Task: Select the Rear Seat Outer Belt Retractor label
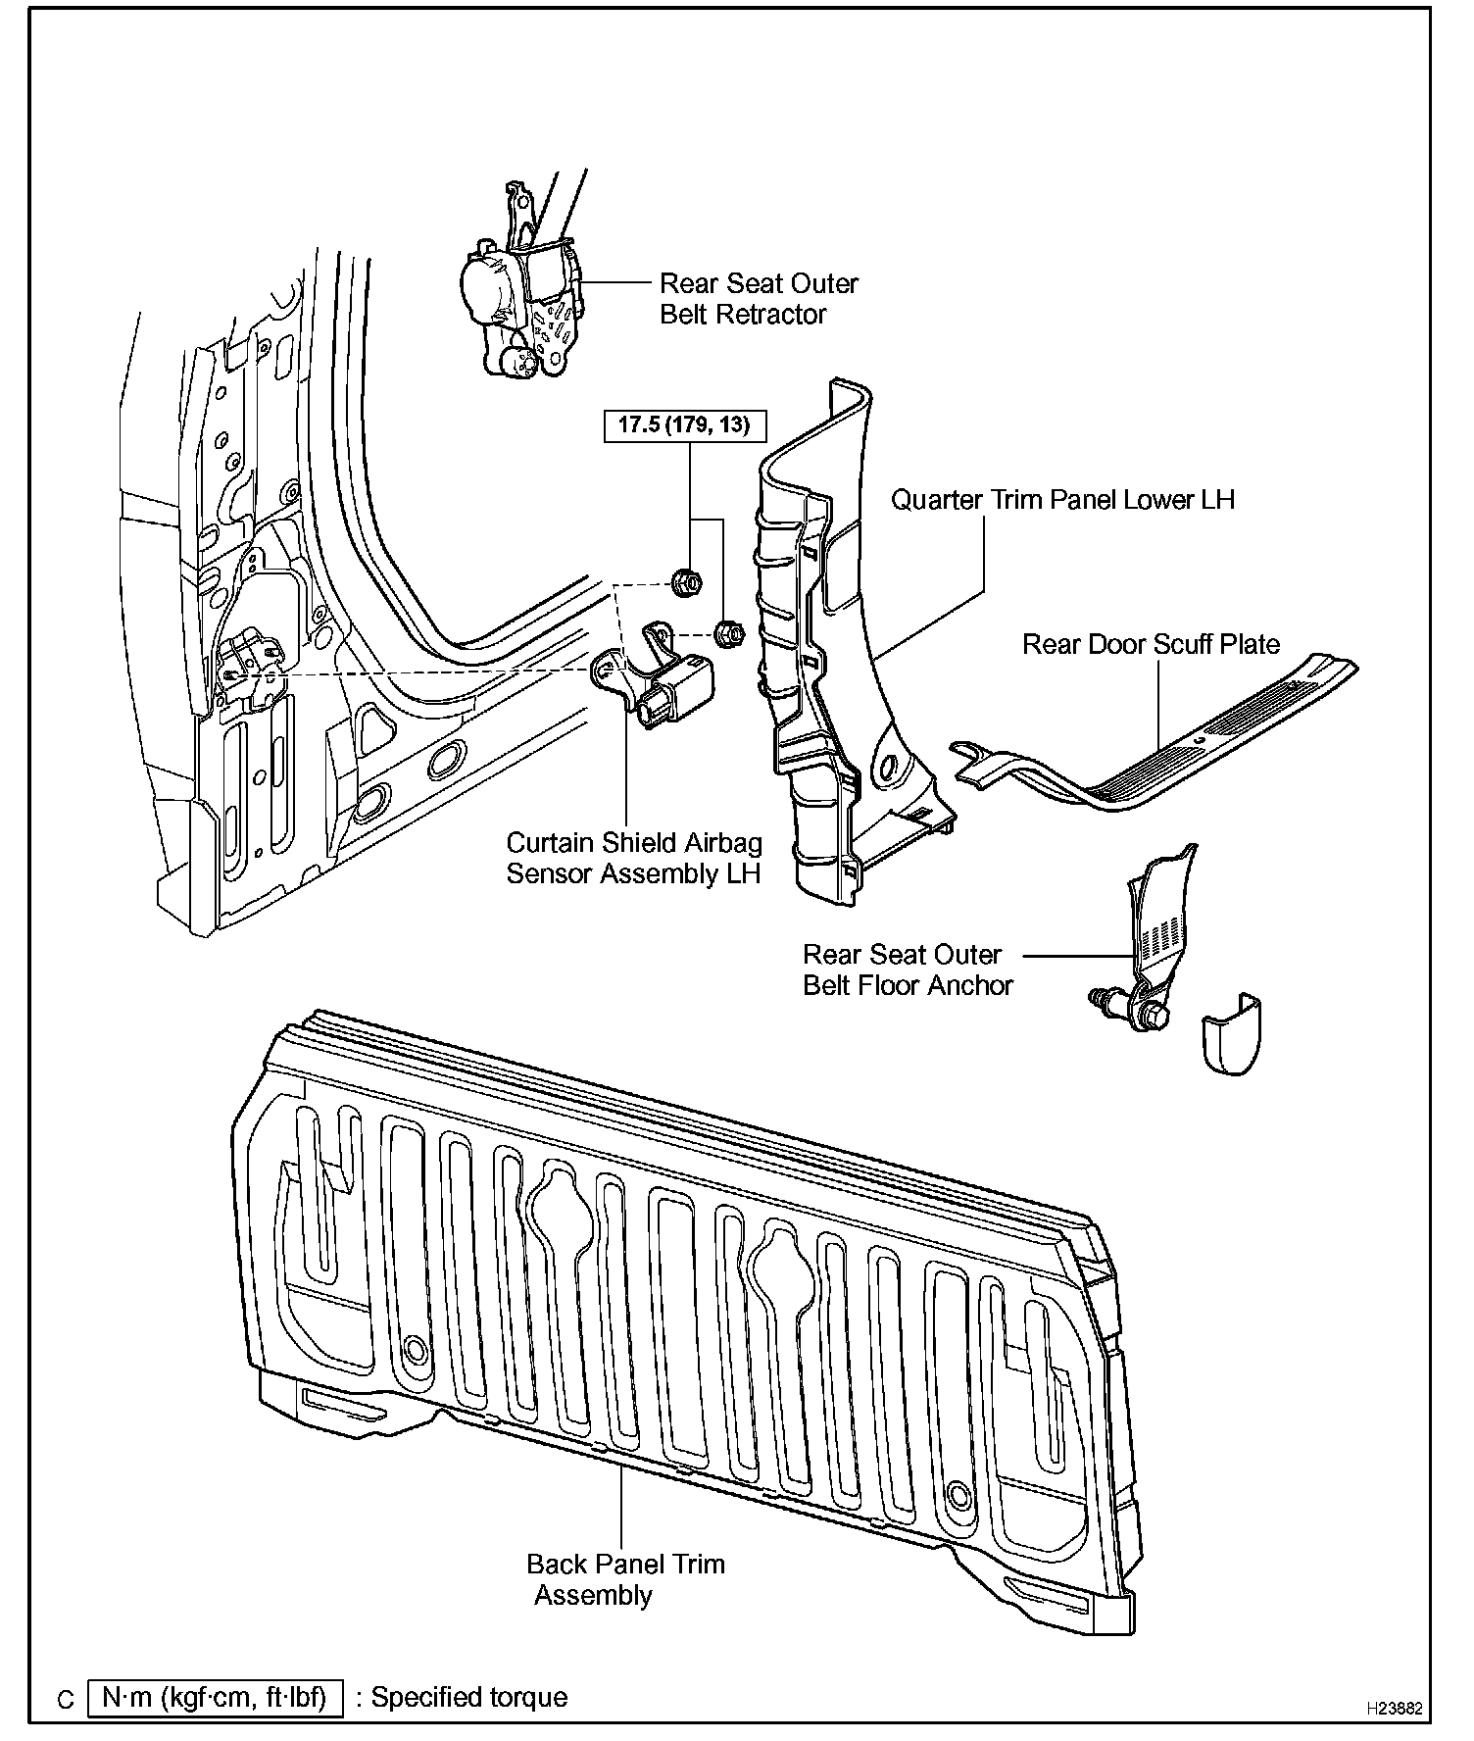click(x=758, y=299)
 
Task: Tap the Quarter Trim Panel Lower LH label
click(x=1061, y=500)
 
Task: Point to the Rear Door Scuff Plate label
click(x=1151, y=645)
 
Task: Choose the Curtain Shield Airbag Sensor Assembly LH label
click(x=633, y=858)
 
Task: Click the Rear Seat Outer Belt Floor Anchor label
click(x=907, y=970)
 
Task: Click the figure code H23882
click(x=1394, y=1707)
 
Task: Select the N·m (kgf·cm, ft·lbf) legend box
click(x=216, y=1697)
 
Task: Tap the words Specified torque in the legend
click(x=468, y=1697)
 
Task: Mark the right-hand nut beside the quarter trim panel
click(x=728, y=633)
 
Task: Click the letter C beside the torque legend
click(x=66, y=1699)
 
